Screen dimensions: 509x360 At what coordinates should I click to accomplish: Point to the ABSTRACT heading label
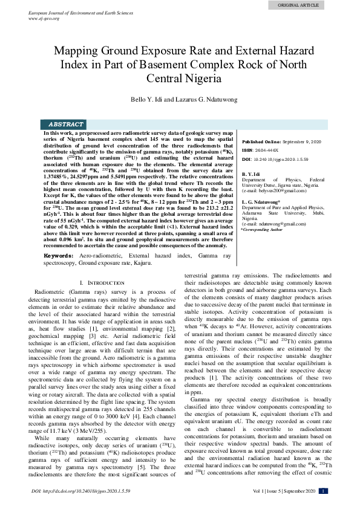tap(66, 124)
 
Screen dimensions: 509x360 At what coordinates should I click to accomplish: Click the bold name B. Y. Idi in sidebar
tap(251, 174)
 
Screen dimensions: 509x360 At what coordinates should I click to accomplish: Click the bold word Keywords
tap(59, 274)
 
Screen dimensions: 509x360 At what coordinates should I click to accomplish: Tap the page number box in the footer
tap(323, 491)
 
